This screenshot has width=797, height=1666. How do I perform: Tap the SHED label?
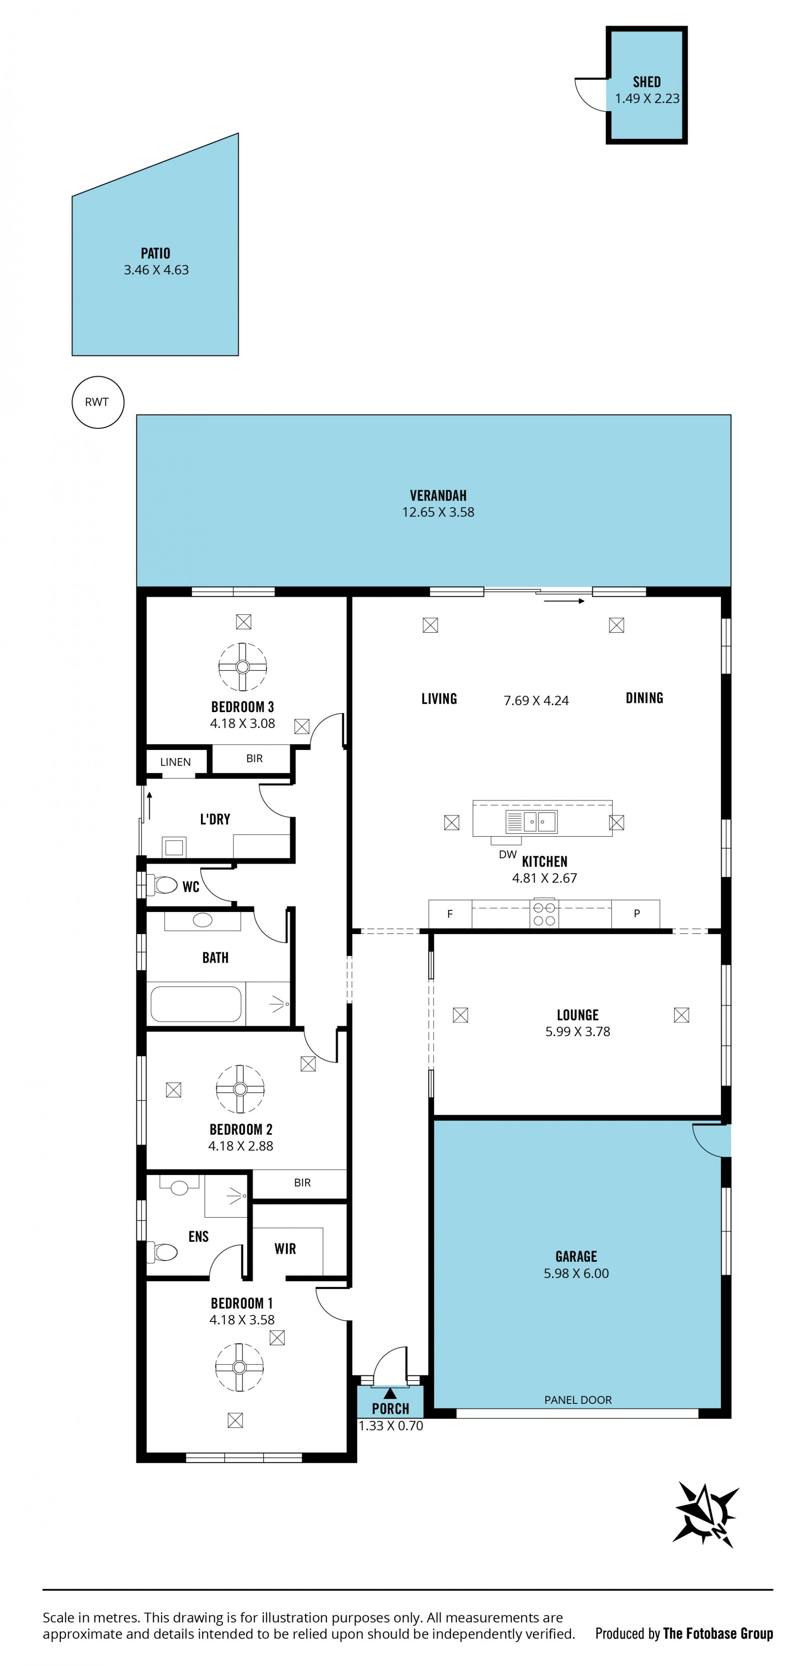[646, 81]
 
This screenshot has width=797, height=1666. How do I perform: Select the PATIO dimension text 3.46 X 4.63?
[156, 270]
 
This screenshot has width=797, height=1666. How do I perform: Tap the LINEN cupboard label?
[175, 762]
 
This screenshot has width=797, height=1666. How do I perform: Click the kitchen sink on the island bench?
[531, 821]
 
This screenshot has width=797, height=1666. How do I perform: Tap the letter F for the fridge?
[450, 914]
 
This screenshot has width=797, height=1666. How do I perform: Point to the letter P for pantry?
[637, 913]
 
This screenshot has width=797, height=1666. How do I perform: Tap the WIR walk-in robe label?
[285, 1249]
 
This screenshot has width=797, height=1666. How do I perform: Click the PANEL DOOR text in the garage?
[578, 1400]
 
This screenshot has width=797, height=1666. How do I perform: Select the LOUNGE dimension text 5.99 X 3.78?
[577, 1032]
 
